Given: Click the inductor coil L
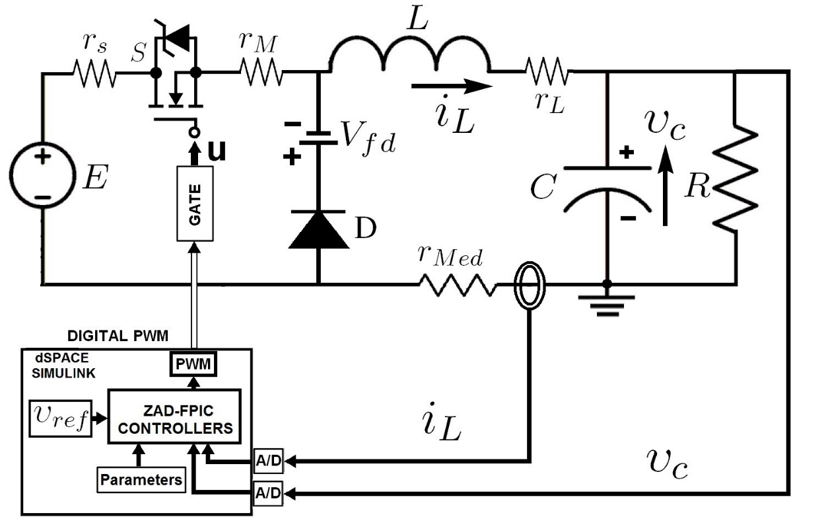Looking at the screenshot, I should click(x=409, y=56).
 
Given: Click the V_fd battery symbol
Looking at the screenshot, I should click(x=318, y=138).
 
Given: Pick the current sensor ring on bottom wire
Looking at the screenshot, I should click(x=529, y=285).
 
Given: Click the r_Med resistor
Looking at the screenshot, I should click(x=456, y=285).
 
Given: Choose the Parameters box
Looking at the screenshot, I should click(x=141, y=479).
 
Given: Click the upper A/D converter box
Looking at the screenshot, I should click(x=268, y=462).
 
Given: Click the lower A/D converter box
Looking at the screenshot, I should click(x=268, y=493).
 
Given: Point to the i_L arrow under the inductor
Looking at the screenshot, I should click(x=452, y=85).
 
